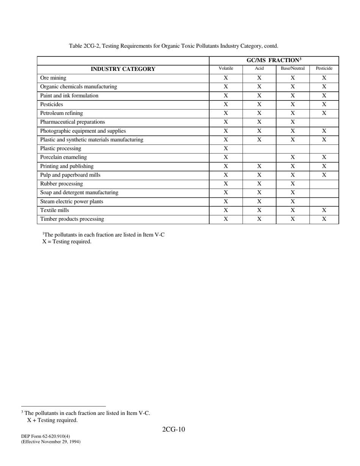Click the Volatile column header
(226, 69)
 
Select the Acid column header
(259, 69)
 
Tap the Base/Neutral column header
(293, 69)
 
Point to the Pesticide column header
(324, 69)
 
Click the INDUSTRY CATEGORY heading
(123, 69)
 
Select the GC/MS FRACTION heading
(274, 60)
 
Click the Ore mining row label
(53, 78)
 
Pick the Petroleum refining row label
(61, 113)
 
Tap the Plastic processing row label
(61, 149)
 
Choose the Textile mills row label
(55, 210)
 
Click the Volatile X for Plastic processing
(226, 149)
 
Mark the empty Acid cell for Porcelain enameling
(259, 157)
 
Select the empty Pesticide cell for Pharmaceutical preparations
(324, 122)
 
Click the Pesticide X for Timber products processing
(324, 219)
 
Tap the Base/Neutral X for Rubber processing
(293, 184)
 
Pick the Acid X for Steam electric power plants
(259, 202)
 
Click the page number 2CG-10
(174, 429)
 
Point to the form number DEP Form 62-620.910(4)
(45, 436)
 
